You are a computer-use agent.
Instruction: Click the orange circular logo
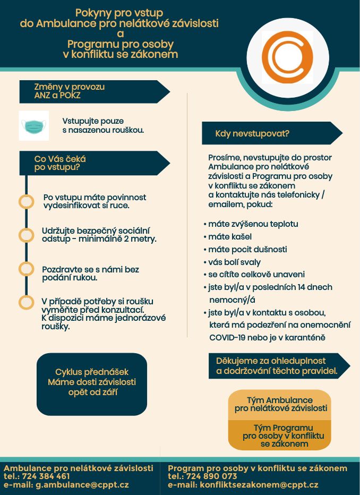pos(287,57)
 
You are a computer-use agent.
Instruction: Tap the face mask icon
pos(34,126)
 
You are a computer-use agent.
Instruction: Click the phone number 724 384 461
pos(46,476)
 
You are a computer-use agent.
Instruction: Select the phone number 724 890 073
pos(211,476)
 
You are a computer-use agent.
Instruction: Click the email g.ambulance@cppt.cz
pos(82,484)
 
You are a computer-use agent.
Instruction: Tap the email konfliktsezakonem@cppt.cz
pos(259,484)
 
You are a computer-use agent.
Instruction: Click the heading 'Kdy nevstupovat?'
pos(252,133)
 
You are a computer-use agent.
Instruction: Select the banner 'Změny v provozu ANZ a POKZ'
pos(95,91)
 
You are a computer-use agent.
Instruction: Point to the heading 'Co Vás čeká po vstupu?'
pos(95,163)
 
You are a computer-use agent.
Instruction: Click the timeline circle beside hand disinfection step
pos(26,202)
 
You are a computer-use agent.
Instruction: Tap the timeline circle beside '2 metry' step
pos(26,235)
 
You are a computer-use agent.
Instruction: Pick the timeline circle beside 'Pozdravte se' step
pos(26,269)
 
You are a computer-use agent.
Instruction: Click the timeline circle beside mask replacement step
pos(26,302)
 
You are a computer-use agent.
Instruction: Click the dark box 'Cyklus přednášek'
pos(92,384)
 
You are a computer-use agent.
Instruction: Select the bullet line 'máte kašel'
pos(228,236)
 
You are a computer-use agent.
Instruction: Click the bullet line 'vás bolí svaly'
pos(232,262)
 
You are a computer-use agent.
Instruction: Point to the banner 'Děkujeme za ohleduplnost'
pos(279,366)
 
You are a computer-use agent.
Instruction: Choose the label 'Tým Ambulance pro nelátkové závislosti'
pos(280,404)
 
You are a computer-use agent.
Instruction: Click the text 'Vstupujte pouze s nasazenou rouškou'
pos(103,125)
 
